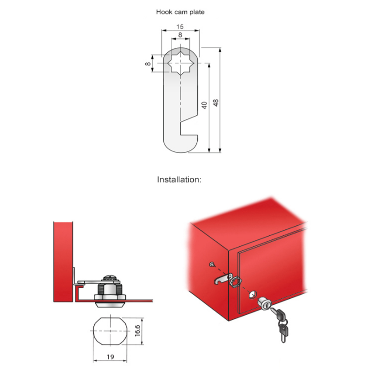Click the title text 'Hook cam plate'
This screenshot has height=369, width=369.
[180, 12]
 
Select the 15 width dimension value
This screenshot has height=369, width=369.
[180, 27]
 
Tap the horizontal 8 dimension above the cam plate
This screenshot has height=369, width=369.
[180, 35]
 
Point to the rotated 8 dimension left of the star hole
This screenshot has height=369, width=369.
[148, 64]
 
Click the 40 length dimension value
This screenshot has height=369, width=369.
[204, 105]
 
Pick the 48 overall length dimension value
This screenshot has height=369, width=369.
[215, 103]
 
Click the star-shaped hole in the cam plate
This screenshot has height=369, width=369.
[180, 63]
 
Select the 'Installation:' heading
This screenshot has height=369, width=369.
[179, 180]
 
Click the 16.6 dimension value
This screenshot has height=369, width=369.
[137, 331]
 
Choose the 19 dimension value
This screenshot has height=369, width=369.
[110, 357]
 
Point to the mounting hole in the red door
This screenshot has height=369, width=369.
[252, 294]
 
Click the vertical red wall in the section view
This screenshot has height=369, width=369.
[63, 262]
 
